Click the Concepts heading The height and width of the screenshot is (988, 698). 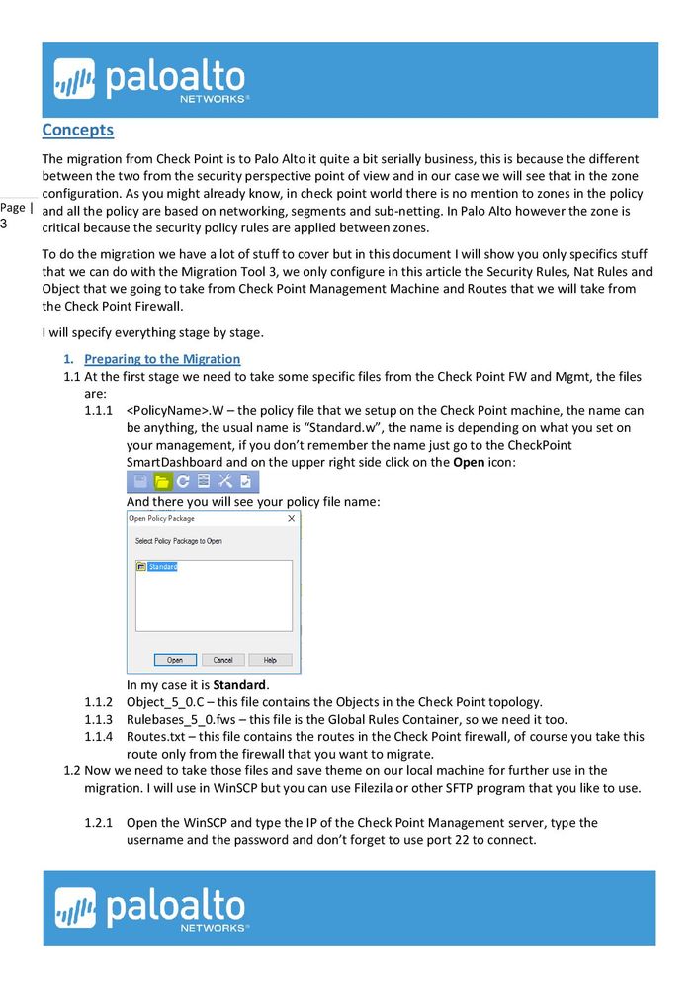(x=77, y=130)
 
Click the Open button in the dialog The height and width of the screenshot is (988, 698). (x=174, y=659)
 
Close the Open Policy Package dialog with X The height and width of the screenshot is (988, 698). (x=291, y=518)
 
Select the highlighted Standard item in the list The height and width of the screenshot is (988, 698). (x=162, y=567)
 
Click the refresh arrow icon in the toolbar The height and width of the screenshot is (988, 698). (x=183, y=482)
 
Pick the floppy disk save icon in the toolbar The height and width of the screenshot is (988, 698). (x=140, y=482)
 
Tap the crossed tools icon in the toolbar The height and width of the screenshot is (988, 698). (x=224, y=482)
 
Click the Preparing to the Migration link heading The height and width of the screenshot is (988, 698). (x=162, y=359)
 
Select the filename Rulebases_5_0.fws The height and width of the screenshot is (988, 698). (x=185, y=719)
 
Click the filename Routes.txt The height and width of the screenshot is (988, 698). (x=153, y=737)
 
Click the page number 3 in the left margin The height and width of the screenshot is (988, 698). (x=4, y=225)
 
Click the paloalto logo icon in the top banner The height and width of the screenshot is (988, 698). (x=74, y=79)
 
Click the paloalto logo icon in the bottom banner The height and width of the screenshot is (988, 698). (x=75, y=908)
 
